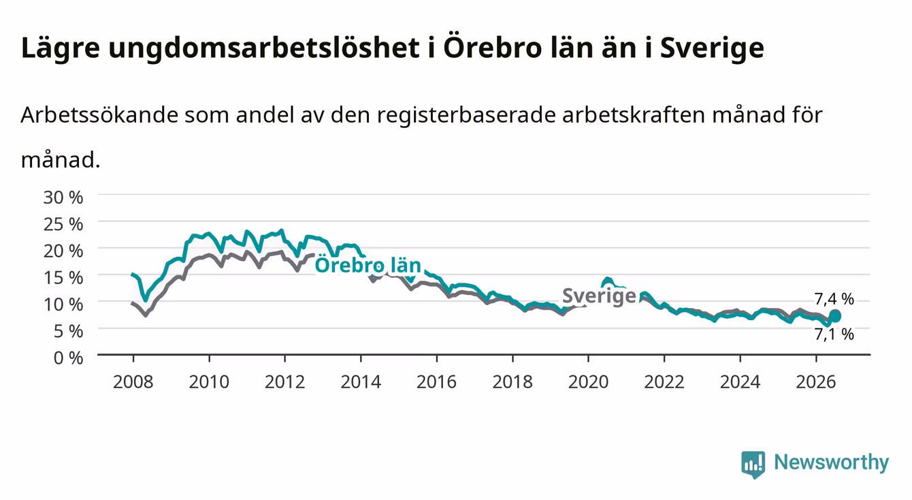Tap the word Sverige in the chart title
(712, 48)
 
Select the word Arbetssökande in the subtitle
(99, 114)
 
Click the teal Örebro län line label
(368, 264)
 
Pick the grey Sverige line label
(599, 296)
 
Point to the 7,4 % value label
(834, 299)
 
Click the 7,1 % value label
(834, 334)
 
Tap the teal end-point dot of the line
(834, 316)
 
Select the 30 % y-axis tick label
(63, 198)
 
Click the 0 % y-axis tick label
(68, 358)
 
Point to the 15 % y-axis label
(63, 278)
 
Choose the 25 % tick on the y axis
(63, 225)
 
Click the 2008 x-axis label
(133, 382)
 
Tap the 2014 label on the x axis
(361, 382)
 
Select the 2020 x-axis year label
(588, 382)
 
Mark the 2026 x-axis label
(816, 382)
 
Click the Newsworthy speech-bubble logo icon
(753, 465)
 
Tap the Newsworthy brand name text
(832, 463)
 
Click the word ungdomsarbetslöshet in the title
(264, 48)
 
